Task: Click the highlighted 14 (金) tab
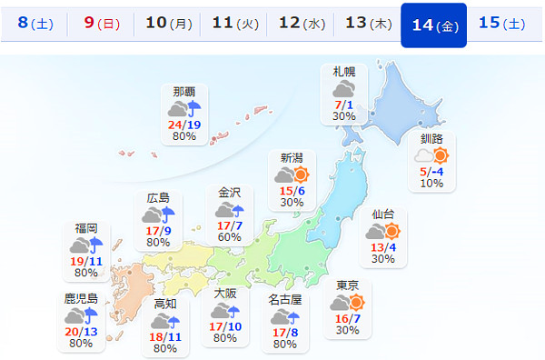[x=433, y=24]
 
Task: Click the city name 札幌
[x=343, y=72]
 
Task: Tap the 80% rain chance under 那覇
[x=183, y=137]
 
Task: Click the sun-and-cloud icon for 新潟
[x=292, y=176]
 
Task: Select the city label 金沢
[x=229, y=192]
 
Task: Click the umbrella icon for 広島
[x=159, y=215]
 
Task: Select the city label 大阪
[x=225, y=294]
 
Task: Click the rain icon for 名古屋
[x=285, y=317]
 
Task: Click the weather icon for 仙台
[x=382, y=232]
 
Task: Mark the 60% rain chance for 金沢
[x=229, y=237]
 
